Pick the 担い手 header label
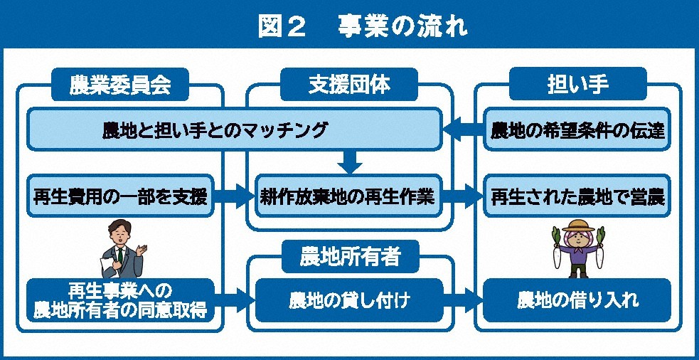pyautogui.click(x=578, y=85)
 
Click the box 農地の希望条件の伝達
pyautogui.click(x=577, y=130)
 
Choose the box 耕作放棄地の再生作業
pyautogui.click(x=349, y=196)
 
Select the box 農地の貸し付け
pyautogui.click(x=349, y=300)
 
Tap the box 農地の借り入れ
pyautogui.click(x=577, y=300)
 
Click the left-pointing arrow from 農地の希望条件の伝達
pyautogui.click(x=463, y=130)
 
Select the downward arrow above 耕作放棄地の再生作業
pyautogui.click(x=349, y=162)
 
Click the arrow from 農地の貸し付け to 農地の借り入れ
pyautogui.click(x=464, y=298)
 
